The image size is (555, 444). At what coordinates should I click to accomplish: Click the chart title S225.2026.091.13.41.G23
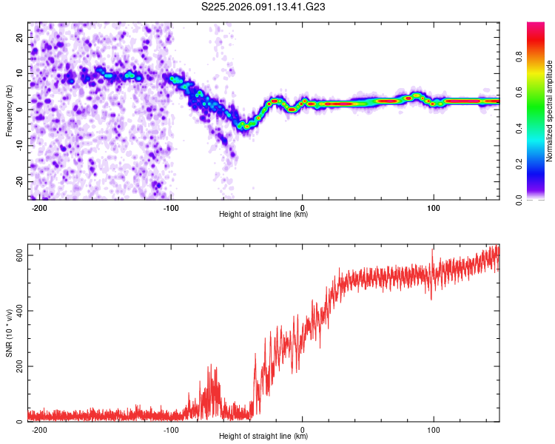264,7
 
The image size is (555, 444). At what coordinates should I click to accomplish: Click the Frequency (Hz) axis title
10,111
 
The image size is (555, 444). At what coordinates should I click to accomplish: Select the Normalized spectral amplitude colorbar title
550,111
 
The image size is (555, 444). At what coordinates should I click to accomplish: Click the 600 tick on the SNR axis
18,255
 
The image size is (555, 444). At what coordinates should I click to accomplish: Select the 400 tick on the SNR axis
18,311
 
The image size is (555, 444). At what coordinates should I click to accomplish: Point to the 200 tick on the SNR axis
18,366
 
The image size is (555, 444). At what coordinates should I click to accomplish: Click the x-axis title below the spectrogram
264,215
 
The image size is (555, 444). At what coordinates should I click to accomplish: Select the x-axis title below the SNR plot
264,437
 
